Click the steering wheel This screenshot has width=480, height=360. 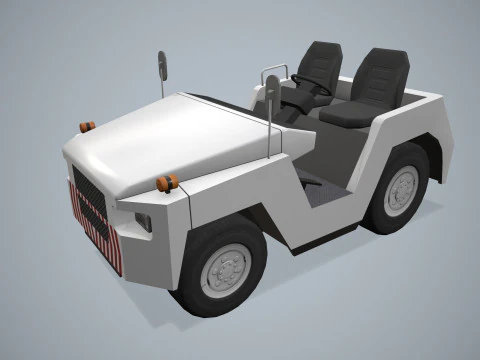312,85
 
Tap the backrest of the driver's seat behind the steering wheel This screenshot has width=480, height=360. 322,62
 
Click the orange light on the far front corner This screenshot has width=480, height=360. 87,126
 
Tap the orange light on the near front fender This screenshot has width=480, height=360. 167,183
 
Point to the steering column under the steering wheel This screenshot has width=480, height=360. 297,100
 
